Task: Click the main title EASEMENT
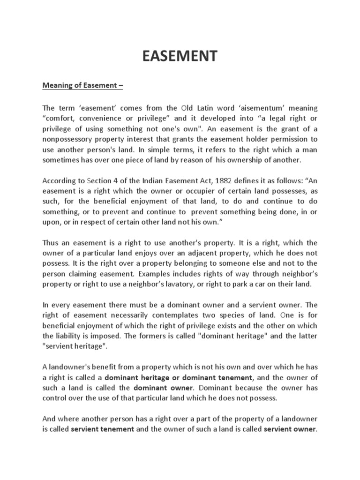point(180,57)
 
